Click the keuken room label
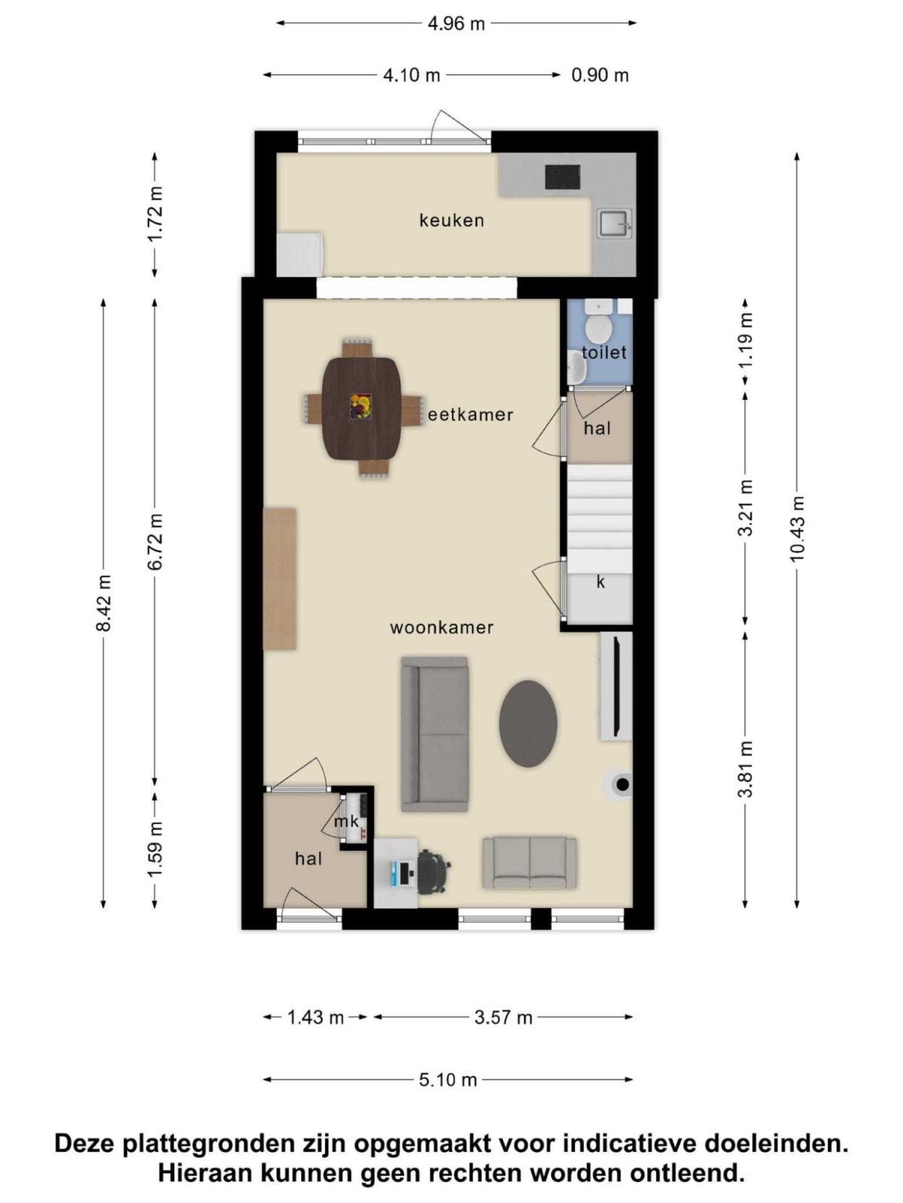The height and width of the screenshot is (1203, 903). coord(451,220)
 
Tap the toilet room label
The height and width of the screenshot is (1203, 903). coord(604,352)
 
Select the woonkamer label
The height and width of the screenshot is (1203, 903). coord(442,627)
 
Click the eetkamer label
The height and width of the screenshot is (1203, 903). coord(470,414)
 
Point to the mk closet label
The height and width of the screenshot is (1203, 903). coord(346,821)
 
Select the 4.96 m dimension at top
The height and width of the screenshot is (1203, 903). coord(457,23)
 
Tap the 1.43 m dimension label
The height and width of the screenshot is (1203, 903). coord(315,1017)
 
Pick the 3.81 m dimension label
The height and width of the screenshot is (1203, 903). coord(745,770)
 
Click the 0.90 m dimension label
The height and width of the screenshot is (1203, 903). coord(600,75)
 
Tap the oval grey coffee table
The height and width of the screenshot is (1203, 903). coord(528,723)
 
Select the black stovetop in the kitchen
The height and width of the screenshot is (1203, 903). coord(563,177)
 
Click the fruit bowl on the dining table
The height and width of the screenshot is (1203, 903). coord(360,407)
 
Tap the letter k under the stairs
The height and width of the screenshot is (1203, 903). coord(600,582)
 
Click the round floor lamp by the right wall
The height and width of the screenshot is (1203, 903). coord(622,785)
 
